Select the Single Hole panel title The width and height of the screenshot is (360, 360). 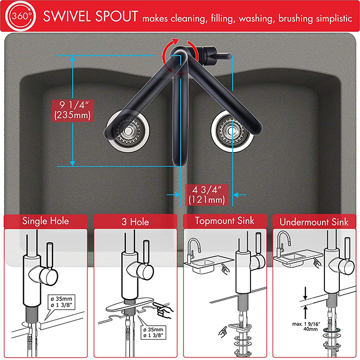pos(46,221)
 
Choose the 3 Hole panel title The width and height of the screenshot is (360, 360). pos(135,222)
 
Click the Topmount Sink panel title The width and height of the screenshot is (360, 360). pos(225,221)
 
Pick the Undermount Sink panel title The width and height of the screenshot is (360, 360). pos(314,221)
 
